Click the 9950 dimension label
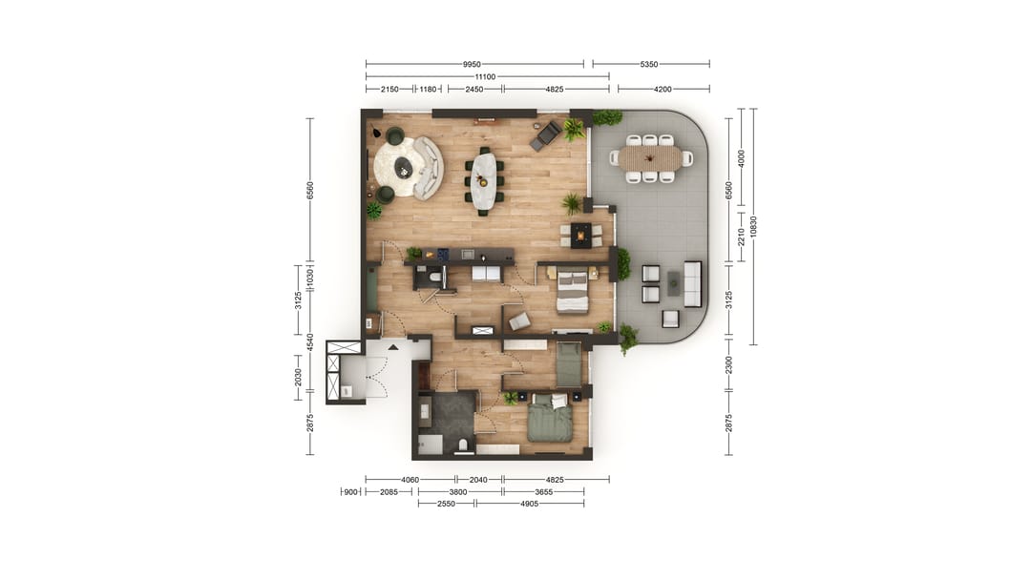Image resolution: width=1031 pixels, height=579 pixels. [474, 64]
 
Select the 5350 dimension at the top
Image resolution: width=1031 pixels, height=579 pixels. [650, 64]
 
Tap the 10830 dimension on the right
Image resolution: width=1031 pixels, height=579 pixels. [753, 226]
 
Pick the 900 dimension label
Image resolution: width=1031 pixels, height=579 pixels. [350, 492]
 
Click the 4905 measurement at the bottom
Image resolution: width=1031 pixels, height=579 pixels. [529, 504]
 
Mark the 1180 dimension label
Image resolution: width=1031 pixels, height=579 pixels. [428, 89]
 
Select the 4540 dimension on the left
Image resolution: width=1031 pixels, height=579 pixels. [309, 341]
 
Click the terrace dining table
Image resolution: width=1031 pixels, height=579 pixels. [650, 158]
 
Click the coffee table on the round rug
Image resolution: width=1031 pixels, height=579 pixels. [404, 169]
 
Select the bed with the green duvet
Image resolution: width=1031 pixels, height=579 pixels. [550, 418]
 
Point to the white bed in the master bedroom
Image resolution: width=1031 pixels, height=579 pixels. [572, 291]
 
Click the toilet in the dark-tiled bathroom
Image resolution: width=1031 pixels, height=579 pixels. [462, 445]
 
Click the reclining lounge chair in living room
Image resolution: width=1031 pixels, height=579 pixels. [546, 134]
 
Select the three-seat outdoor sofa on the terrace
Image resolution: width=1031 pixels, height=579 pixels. [692, 283]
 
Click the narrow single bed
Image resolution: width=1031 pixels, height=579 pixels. [568, 362]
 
